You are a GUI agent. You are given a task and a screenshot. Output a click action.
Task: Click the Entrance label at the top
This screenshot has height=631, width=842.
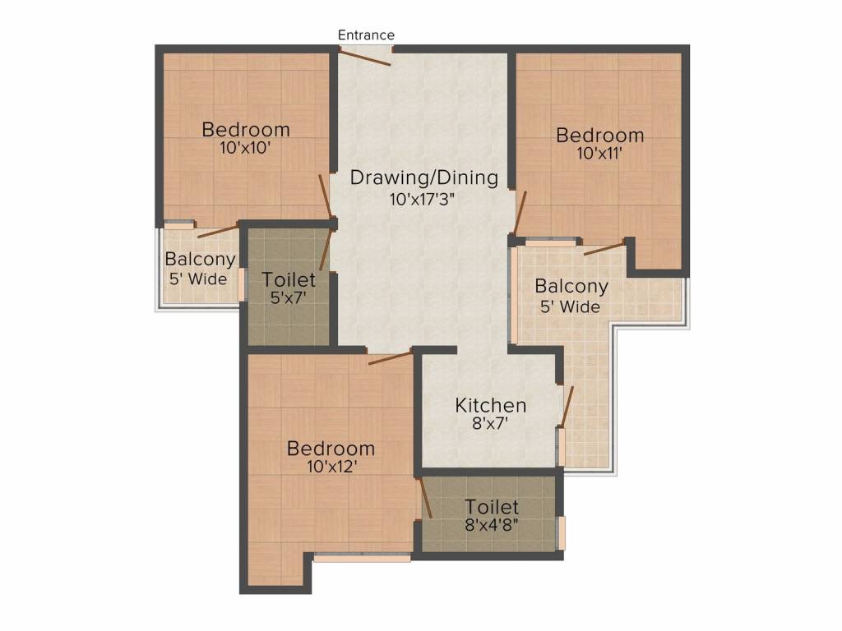tap(367, 35)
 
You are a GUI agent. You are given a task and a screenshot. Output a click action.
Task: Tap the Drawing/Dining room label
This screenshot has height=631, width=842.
tap(424, 177)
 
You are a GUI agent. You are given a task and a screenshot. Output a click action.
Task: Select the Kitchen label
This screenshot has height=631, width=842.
tap(491, 405)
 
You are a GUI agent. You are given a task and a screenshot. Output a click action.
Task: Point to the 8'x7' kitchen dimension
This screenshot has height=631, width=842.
tap(491, 425)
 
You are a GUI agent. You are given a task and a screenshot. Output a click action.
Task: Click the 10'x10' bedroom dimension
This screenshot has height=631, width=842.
tap(246, 149)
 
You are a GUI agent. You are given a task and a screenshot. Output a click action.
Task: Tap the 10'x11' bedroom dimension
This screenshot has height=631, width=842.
tap(599, 154)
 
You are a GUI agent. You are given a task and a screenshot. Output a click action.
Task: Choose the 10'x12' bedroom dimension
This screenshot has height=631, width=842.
tap(331, 467)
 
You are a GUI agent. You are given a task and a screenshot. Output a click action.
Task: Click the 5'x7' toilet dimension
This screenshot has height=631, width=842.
tap(288, 300)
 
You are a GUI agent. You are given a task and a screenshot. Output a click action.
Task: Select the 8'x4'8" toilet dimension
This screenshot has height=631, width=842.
tap(492, 526)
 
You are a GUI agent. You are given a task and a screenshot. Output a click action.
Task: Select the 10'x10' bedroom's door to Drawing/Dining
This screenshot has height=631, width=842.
tap(327, 198)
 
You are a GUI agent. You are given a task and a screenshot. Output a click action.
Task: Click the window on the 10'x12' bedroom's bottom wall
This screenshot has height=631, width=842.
tap(362, 558)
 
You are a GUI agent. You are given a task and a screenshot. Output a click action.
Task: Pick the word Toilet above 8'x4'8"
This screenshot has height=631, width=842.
tap(492, 507)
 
